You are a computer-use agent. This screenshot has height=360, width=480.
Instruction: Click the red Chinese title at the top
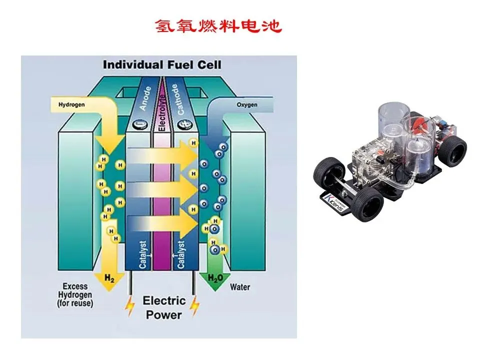(x=218, y=26)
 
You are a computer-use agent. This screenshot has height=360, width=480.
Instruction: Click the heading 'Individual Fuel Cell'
(x=161, y=65)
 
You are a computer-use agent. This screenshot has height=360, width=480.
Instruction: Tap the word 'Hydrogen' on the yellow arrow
(x=71, y=105)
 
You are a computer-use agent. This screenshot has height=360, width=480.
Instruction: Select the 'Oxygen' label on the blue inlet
(x=246, y=105)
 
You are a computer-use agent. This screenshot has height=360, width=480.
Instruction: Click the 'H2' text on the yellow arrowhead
(x=109, y=277)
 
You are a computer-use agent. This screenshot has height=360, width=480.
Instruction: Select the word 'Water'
(x=240, y=287)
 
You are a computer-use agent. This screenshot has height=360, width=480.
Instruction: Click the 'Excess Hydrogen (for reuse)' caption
(x=75, y=295)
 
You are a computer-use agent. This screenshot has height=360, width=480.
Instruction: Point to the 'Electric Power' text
(x=163, y=307)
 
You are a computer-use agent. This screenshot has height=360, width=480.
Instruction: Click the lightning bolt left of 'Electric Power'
(x=130, y=306)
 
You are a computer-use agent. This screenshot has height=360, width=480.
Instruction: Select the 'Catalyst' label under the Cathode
(x=181, y=254)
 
